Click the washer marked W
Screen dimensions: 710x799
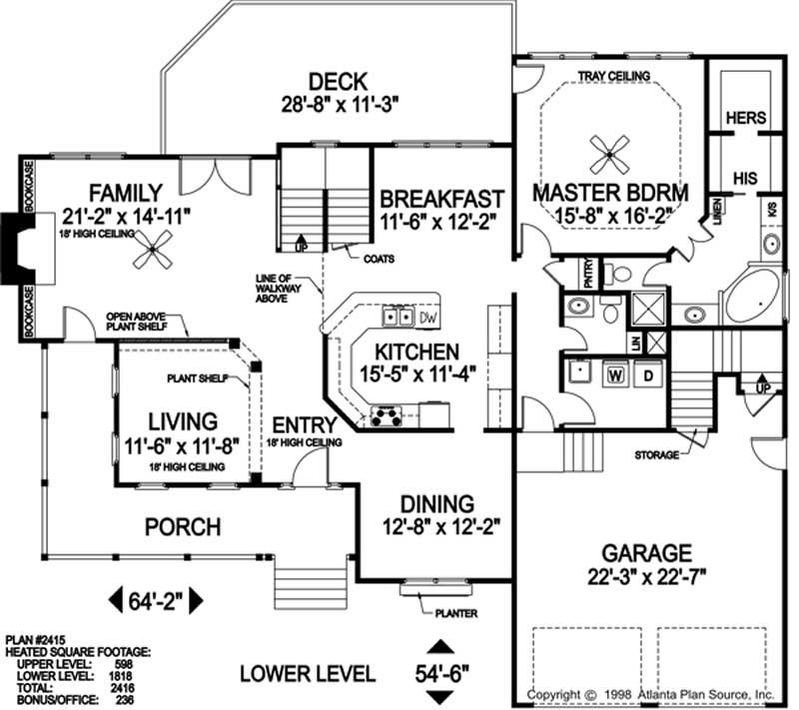click(x=615, y=375)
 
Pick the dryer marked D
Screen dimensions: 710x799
click(x=646, y=375)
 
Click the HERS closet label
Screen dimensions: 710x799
click(x=745, y=118)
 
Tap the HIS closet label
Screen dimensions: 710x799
click(x=744, y=178)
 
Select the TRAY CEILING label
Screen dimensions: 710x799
click(x=614, y=76)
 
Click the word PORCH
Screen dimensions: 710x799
click(x=181, y=526)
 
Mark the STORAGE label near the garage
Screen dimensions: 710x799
click(x=655, y=454)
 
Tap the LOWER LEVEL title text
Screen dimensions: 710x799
click(x=308, y=673)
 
